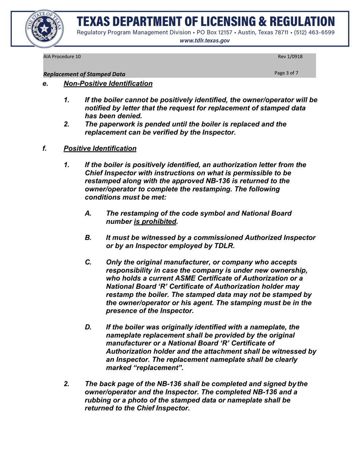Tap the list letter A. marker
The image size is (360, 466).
click(x=88, y=213)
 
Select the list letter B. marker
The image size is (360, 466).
click(x=88, y=238)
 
